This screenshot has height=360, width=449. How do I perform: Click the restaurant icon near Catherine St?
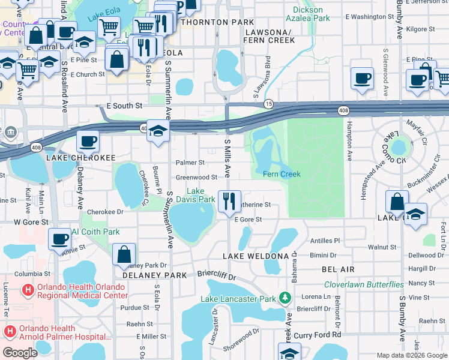point(228,201)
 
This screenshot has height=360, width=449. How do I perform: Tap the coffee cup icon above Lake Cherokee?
point(88,142)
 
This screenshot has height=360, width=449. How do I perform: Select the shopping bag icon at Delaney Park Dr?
point(124,254)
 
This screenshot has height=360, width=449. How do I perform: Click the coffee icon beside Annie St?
point(60,239)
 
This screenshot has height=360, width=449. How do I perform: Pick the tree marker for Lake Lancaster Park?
point(286,298)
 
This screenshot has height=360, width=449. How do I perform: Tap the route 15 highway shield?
point(269,104)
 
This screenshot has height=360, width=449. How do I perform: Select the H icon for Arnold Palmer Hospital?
point(10,332)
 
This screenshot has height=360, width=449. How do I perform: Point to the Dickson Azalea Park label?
point(311,14)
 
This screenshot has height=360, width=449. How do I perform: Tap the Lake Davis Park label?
point(196,195)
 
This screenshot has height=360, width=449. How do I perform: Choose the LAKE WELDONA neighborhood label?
point(256,256)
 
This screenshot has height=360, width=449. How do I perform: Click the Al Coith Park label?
point(96,232)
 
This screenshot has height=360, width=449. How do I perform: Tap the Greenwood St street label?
point(196,178)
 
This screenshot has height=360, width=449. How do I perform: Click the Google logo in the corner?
point(20,353)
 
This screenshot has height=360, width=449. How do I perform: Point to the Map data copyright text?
point(411,355)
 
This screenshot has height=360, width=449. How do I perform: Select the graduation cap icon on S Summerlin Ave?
point(157,132)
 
